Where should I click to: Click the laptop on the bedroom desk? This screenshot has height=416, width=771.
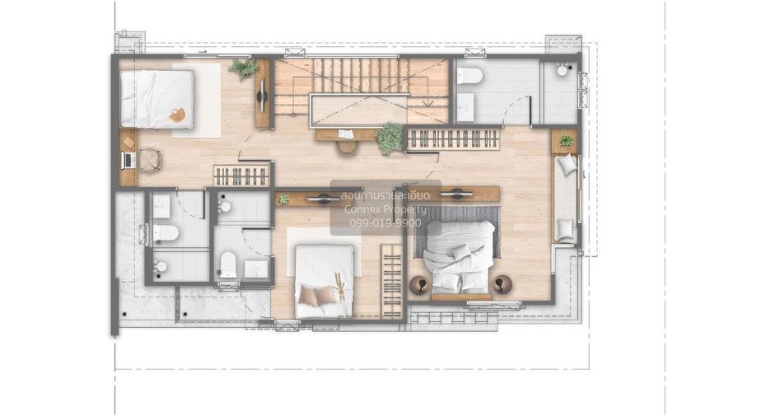(128, 161)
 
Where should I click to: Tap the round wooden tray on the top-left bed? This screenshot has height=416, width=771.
(176, 115)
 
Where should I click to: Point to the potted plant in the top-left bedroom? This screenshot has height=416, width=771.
(243, 68)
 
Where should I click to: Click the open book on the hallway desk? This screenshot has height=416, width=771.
(344, 133)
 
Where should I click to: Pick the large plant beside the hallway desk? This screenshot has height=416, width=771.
(390, 138)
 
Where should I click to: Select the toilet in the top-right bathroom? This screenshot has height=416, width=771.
(470, 76)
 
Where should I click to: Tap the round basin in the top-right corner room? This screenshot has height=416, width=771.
(563, 69)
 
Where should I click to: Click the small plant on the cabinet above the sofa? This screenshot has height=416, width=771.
(567, 141)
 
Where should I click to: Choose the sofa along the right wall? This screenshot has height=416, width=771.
(566, 198)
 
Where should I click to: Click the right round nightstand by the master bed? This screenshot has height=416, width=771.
(502, 284)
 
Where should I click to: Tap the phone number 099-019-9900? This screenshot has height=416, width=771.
(385, 222)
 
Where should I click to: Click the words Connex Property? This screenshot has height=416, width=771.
(385, 209)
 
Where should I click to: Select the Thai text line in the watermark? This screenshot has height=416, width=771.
(385, 196)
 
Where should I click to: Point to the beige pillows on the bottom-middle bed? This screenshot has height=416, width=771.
(317, 295)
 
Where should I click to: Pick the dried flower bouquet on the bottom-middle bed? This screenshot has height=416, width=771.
(339, 287)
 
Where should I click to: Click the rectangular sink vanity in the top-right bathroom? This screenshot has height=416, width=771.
(465, 107)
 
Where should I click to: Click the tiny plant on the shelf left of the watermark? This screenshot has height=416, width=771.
(283, 199)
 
